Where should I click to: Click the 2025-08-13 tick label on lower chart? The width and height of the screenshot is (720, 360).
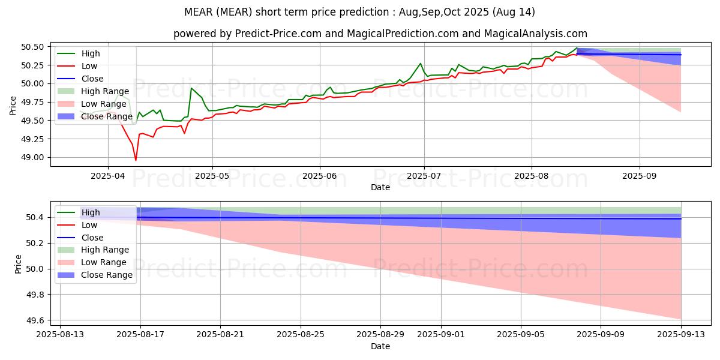click(60, 334)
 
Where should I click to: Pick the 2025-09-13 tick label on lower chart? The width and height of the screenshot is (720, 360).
click(681, 334)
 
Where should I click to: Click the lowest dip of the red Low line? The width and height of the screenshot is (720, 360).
click(136, 160)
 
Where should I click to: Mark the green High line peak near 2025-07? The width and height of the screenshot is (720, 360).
click(420, 64)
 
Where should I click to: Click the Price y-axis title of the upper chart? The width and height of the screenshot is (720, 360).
click(13, 106)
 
